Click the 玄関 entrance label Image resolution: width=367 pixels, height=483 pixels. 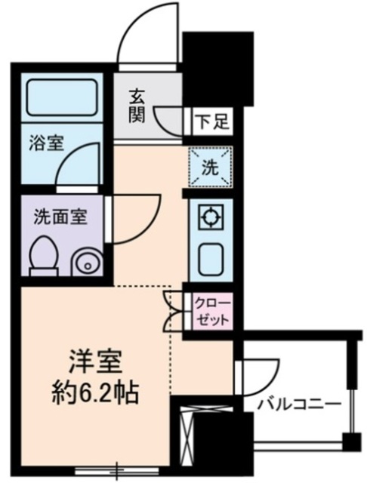tap(137, 106)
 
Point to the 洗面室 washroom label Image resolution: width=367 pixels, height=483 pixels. tap(60, 217)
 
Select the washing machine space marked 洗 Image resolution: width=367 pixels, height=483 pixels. tap(209, 168)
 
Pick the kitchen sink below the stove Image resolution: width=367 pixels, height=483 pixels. tap(209, 260)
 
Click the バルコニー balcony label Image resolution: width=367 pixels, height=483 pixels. tap(298, 405)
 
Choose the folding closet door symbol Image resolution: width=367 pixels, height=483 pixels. tap(175, 309)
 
